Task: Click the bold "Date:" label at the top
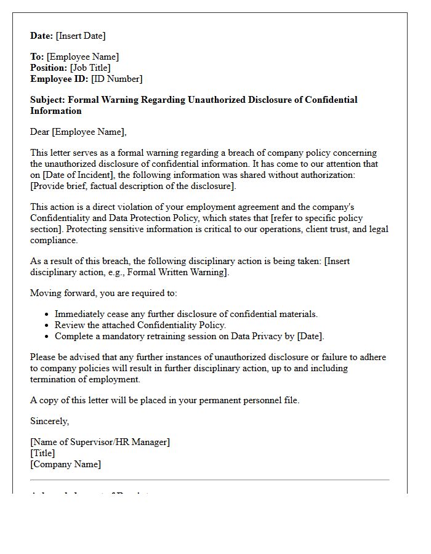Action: point(42,36)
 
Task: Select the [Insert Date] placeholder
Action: point(81,36)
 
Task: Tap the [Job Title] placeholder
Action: point(91,68)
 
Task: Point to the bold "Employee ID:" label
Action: point(59,79)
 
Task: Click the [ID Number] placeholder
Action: point(116,79)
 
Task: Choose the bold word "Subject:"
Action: point(47,100)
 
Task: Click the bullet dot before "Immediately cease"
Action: point(47,315)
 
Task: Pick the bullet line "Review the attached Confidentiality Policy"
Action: point(140,325)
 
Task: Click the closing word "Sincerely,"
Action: point(50,421)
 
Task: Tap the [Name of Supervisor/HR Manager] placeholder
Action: point(100,442)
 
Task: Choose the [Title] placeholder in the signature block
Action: point(42,453)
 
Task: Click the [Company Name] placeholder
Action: point(65,464)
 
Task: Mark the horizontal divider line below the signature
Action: point(209,480)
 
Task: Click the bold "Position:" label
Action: point(49,68)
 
